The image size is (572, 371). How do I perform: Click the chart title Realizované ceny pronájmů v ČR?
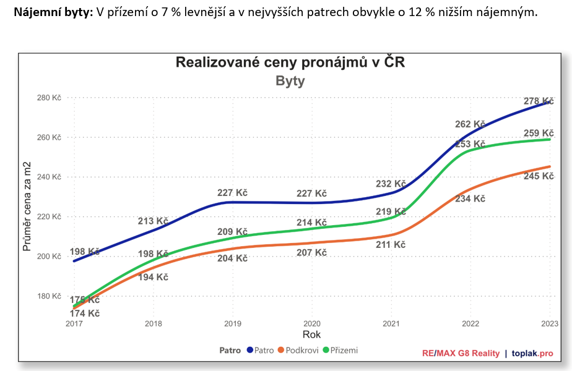(x=290, y=62)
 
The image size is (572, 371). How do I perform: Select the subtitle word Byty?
(x=290, y=81)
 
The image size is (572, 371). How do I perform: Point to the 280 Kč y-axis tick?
(x=50, y=98)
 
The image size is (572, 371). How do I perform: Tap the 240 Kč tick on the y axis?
(x=50, y=177)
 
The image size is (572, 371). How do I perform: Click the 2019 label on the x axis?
(x=233, y=323)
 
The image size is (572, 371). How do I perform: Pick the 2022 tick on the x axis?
(x=470, y=323)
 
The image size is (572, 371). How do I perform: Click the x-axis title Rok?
(x=311, y=335)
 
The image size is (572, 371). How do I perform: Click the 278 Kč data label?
(x=539, y=101)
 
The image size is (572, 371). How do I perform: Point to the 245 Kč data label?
(x=539, y=176)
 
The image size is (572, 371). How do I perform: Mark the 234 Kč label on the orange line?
(x=470, y=199)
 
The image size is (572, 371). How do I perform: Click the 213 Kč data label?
(x=153, y=221)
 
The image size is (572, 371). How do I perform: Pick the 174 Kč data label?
(x=85, y=313)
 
